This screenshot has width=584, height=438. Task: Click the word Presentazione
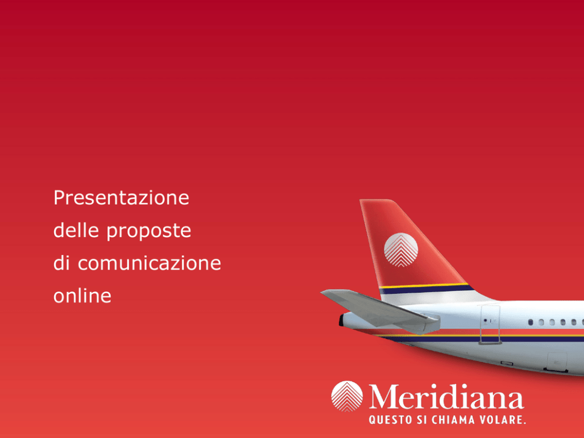click(x=121, y=197)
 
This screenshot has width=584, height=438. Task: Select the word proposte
click(x=148, y=231)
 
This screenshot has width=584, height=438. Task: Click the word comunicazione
click(x=150, y=263)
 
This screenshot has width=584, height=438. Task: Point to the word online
click(x=82, y=296)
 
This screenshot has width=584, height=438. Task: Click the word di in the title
click(x=61, y=263)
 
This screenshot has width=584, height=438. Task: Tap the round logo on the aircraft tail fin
click(x=401, y=250)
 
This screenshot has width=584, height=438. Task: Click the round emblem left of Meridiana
click(x=347, y=396)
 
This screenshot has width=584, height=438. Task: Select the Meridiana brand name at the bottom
click(x=447, y=397)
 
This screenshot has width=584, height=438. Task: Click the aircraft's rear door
click(x=490, y=324)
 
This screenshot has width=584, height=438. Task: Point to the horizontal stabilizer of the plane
click(x=380, y=311)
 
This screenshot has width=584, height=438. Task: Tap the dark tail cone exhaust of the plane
click(x=341, y=320)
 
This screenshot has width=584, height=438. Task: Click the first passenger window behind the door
click(x=531, y=322)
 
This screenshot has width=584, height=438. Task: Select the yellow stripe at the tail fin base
click(x=424, y=286)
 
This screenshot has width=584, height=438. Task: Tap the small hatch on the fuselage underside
click(x=557, y=361)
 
